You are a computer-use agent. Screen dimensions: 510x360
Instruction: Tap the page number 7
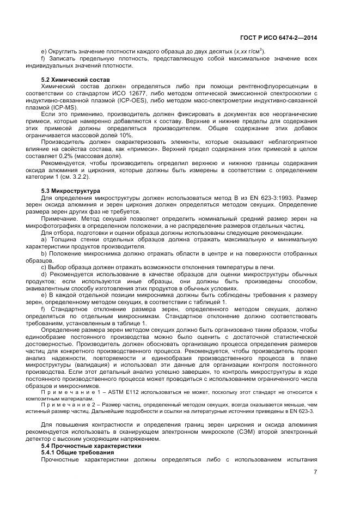tap(315, 472)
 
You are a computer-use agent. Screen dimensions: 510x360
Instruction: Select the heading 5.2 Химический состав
tap(71, 80)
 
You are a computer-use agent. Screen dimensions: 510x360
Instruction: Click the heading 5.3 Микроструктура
tap(70, 191)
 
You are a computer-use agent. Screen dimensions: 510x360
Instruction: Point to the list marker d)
tap(44, 274)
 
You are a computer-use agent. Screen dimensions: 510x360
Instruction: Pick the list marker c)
tap(44, 267)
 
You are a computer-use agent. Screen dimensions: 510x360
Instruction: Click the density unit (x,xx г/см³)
tap(248, 51)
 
